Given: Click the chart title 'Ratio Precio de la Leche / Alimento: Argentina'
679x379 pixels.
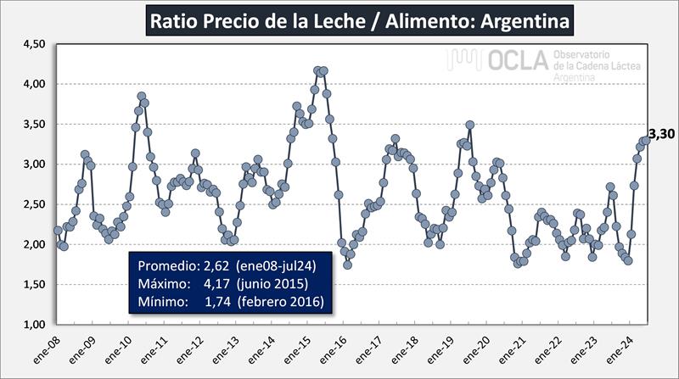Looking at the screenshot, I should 360,19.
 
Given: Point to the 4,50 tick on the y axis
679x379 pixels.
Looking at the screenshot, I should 33,44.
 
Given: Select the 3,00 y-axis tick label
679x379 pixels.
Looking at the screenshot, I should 33,164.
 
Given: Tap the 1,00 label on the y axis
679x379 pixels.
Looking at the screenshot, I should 33,325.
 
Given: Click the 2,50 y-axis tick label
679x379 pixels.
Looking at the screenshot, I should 33,204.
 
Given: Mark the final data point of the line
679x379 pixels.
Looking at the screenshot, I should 647,140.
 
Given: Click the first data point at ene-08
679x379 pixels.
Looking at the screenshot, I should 58,230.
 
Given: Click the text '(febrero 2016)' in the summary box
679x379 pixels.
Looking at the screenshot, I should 279,300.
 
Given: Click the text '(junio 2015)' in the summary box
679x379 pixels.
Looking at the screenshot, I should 272,281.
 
